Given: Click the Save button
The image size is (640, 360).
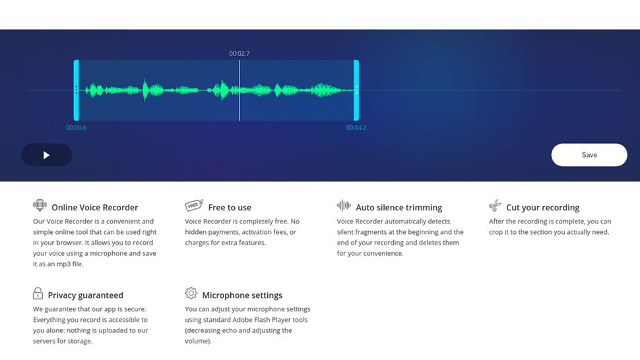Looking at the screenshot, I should [589, 155].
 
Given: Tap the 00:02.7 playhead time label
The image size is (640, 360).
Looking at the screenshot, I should [240, 53].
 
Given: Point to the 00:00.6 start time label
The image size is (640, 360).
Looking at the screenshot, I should [76, 128].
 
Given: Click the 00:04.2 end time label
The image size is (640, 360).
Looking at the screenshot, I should [356, 128].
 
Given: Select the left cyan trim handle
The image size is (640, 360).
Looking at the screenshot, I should [77, 90].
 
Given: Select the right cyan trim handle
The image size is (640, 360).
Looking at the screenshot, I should [356, 90].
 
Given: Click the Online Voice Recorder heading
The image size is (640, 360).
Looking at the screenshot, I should [94, 208].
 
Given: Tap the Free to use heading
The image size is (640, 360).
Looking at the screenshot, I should [230, 208].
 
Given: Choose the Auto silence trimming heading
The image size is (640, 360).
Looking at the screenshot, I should [399, 208].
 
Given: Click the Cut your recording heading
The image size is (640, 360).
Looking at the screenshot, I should [542, 208].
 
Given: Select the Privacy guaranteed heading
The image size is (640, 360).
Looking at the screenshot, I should [85, 295].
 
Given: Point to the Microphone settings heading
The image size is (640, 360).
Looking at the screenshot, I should [242, 295].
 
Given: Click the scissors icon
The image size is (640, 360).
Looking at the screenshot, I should [495, 206].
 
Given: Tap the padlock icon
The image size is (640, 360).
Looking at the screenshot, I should [38, 293].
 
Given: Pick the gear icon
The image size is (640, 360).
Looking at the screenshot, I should [191, 293].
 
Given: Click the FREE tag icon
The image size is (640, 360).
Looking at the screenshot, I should [193, 206].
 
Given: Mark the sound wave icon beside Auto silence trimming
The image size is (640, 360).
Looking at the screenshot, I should [344, 206].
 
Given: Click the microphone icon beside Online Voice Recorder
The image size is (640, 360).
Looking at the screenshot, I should [40, 206].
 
